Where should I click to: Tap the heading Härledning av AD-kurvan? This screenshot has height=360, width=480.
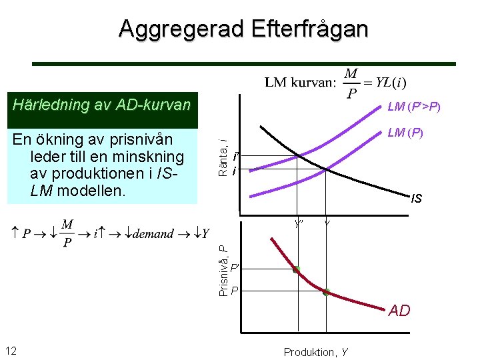click(102, 105)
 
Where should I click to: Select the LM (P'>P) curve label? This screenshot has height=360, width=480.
click(414, 107)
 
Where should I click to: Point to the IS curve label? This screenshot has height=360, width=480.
click(417, 198)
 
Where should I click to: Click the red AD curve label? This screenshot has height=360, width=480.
click(399, 311)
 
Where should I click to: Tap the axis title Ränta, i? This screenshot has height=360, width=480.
click(225, 157)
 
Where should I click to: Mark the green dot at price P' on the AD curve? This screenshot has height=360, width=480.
click(296, 269)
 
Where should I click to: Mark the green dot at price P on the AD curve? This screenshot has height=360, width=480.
click(326, 292)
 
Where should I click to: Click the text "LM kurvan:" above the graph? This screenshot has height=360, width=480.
click(299, 83)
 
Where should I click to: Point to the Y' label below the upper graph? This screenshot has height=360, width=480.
click(299, 223)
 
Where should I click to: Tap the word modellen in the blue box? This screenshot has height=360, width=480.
click(87, 191)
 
